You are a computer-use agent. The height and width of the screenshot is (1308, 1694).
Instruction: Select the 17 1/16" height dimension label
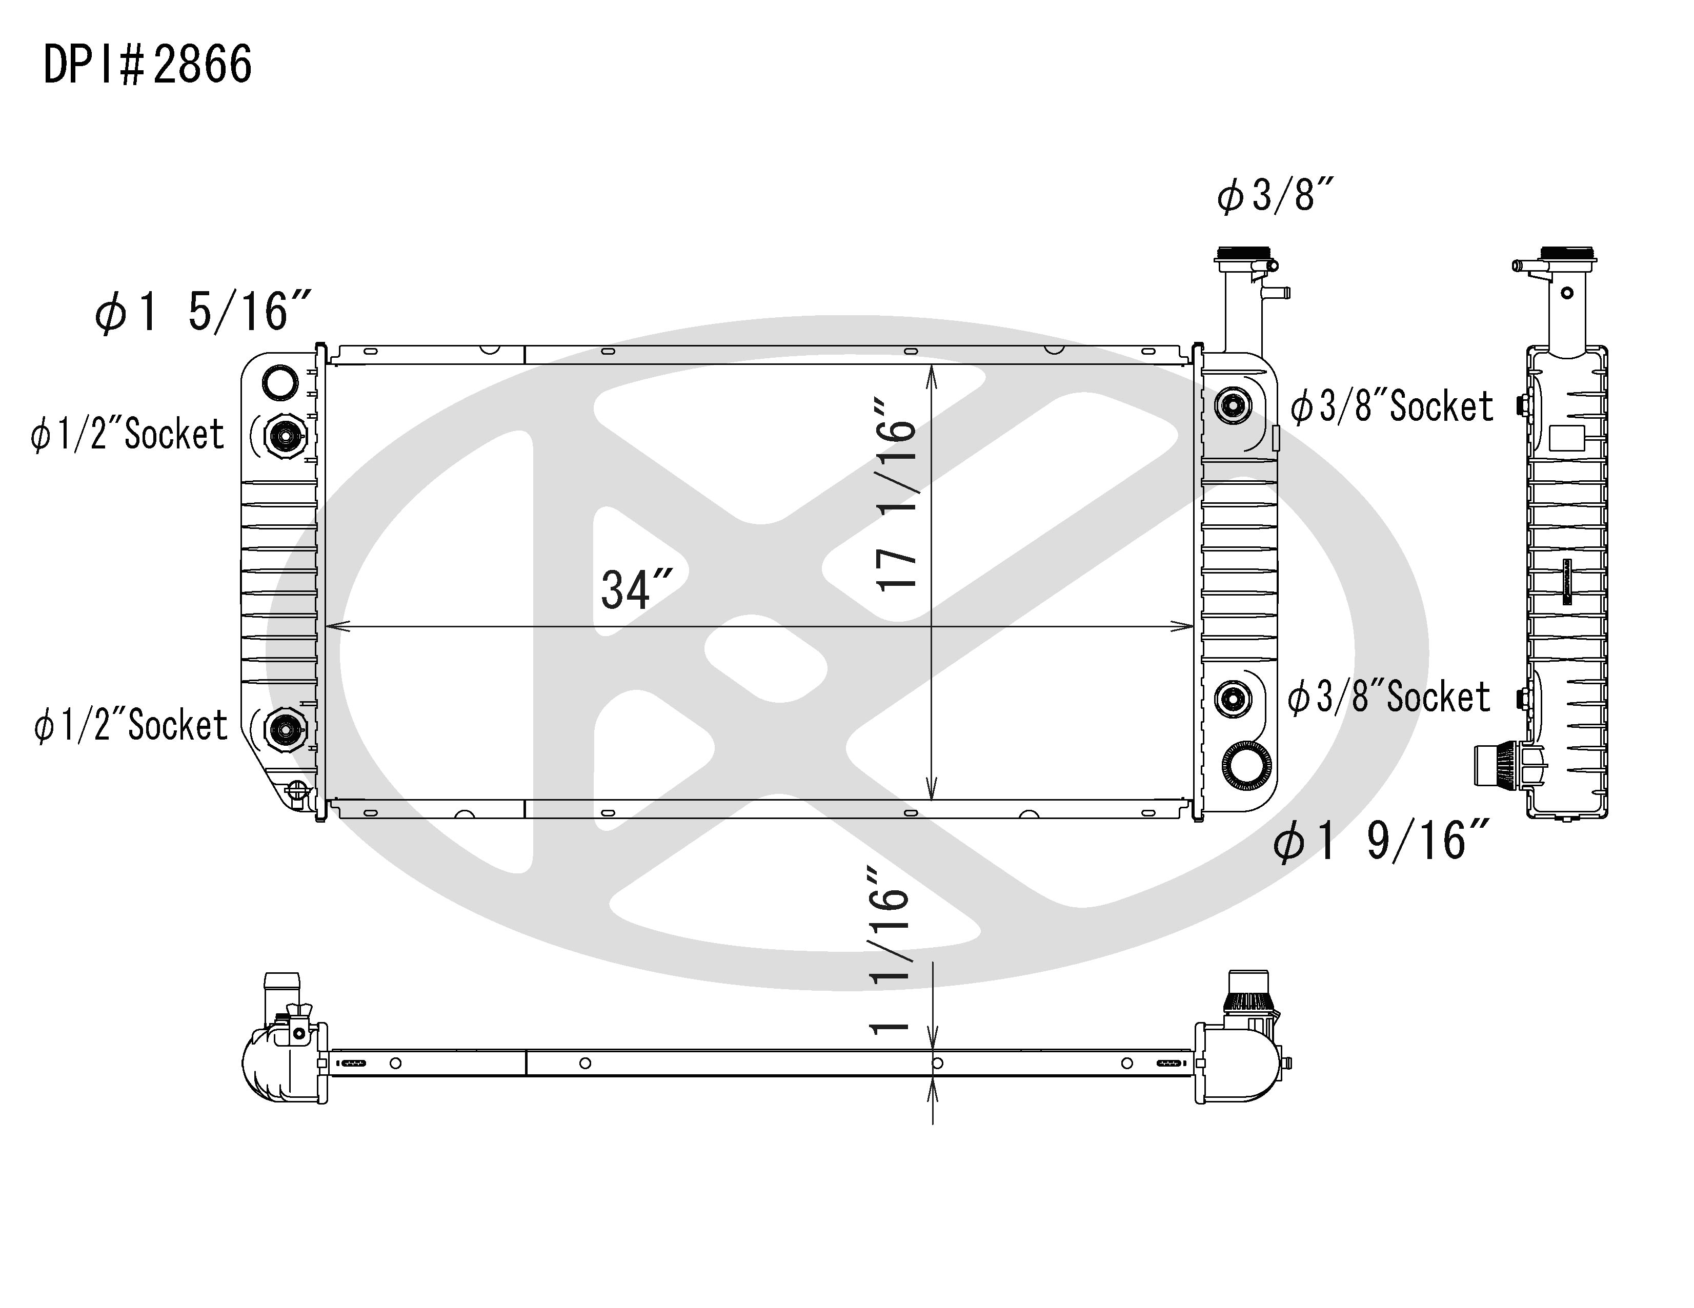coord(896,496)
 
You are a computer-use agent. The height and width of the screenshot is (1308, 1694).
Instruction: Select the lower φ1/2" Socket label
coord(130,726)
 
